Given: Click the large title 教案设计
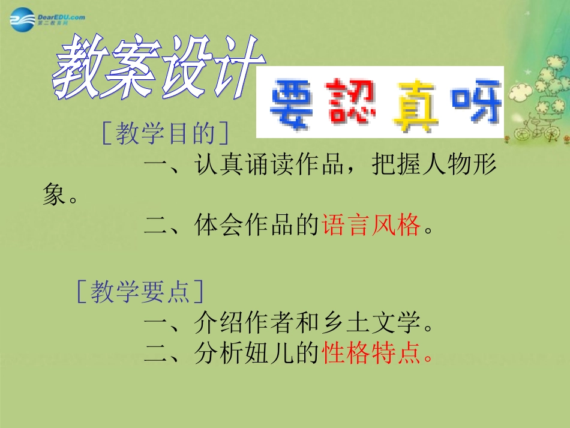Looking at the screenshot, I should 157,68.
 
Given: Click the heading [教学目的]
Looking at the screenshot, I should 165,134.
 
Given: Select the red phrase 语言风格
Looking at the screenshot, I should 370,227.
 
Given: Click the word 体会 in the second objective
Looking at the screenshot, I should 219,227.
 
